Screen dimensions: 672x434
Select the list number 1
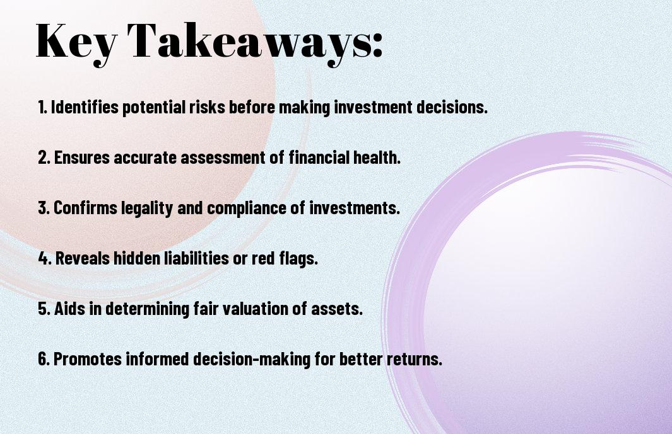pos(42,107)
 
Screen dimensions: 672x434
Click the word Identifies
pos(85,107)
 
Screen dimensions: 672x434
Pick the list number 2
pos(44,157)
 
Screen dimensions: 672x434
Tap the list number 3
pos(44,208)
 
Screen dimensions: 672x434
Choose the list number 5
pos(44,309)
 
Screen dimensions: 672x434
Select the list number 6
pos(44,358)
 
